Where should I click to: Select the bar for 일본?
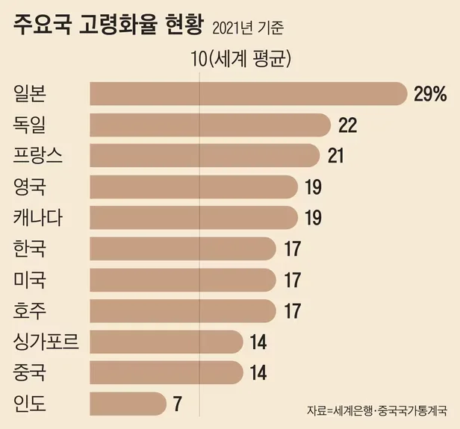coord(246,93)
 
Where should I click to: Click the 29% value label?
coord(429,93)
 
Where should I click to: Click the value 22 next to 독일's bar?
coord(347,125)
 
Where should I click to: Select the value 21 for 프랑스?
coord(337,155)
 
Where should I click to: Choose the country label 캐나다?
coord(43,218)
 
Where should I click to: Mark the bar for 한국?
coord(183,249)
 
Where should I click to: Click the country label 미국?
coord(30,281)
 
